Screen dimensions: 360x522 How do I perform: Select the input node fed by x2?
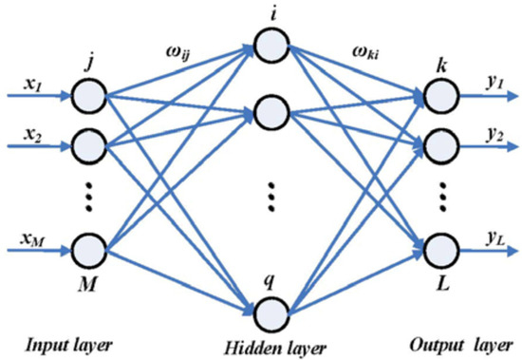89,146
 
